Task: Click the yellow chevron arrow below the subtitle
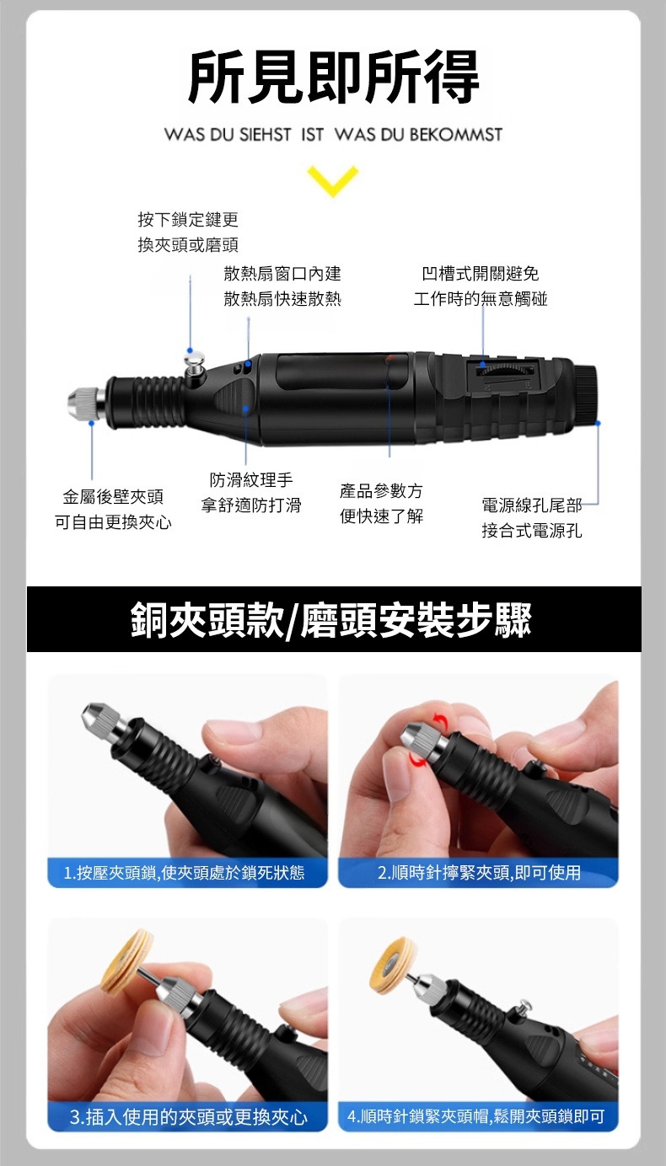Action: (333, 180)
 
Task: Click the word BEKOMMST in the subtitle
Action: (455, 135)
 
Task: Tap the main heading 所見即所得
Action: (333, 77)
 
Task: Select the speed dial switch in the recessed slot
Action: (505, 371)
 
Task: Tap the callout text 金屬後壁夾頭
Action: (113, 497)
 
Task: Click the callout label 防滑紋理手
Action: (251, 479)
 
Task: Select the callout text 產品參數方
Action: (381, 490)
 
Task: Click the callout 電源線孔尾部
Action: (532, 505)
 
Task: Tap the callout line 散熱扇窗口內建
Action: (282, 274)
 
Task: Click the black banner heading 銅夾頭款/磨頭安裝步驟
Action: (331, 619)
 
